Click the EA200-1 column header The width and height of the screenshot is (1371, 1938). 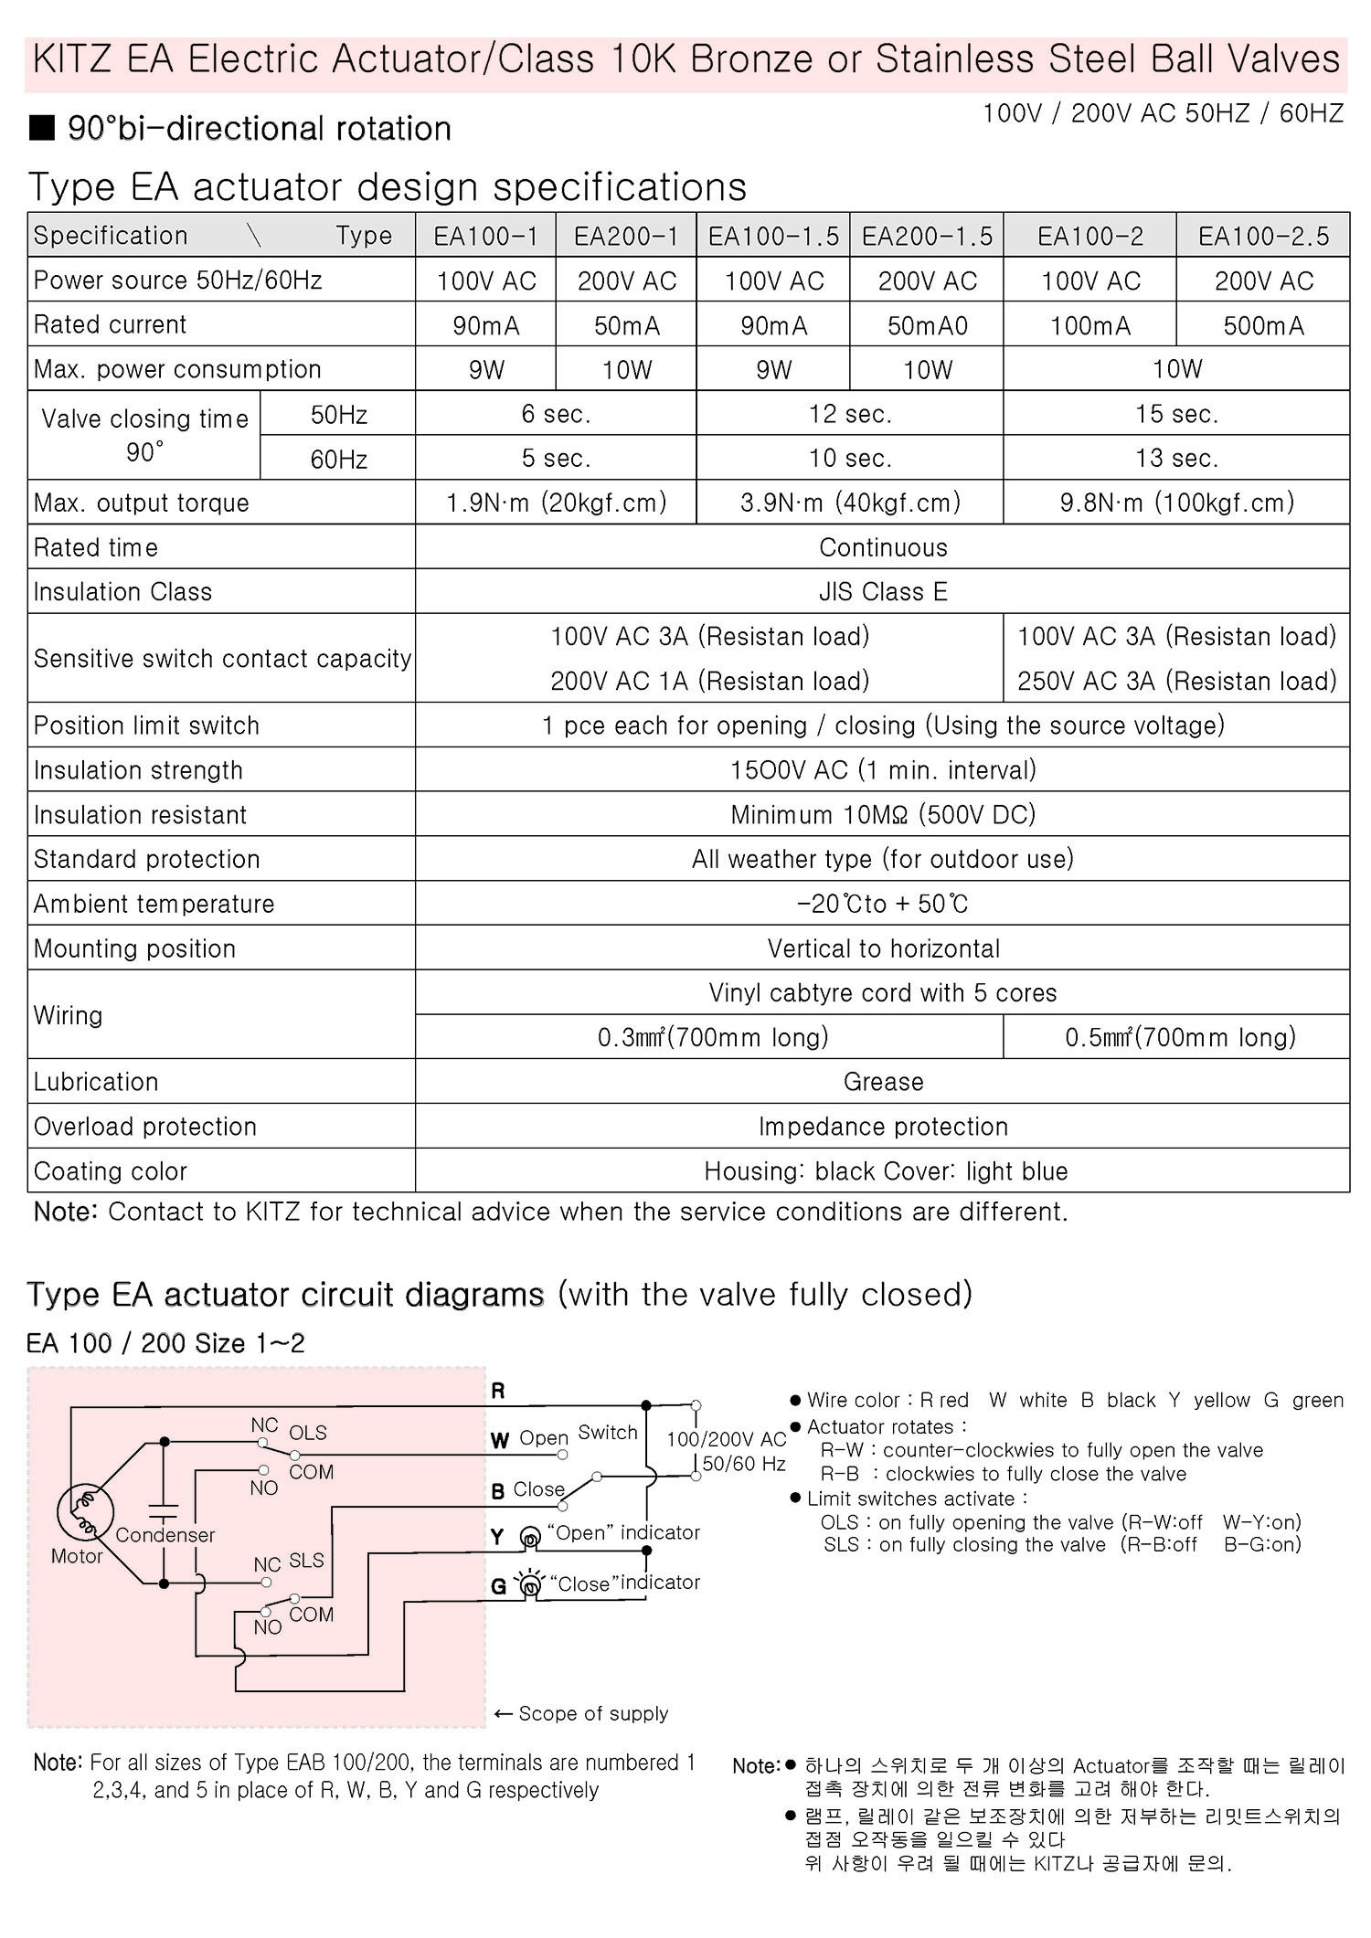pyautogui.click(x=626, y=237)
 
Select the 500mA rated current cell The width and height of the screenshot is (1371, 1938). pyautogui.click(x=1263, y=325)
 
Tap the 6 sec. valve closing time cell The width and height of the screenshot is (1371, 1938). pyautogui.click(x=556, y=414)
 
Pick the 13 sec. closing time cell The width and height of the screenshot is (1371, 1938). pyautogui.click(x=1176, y=458)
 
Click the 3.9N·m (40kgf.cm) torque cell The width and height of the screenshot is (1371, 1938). pyautogui.click(x=850, y=503)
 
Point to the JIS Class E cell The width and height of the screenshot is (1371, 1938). pyautogui.click(x=883, y=592)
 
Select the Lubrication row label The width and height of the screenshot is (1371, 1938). pyautogui.click(x=96, y=1082)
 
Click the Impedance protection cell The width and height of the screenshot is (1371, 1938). pyautogui.click(x=883, y=1127)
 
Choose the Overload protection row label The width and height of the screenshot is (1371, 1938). pyautogui.click(x=145, y=1127)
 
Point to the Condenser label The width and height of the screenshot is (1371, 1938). pyautogui.click(x=165, y=1535)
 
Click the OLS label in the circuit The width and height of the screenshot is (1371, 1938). pyautogui.click(x=308, y=1433)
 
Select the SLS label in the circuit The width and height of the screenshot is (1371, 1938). pyautogui.click(x=307, y=1560)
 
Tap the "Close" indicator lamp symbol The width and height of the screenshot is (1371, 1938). pyautogui.click(x=529, y=1585)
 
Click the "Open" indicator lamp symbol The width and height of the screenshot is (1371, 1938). pyautogui.click(x=529, y=1539)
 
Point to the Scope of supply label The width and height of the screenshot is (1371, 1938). pyautogui.click(x=592, y=1713)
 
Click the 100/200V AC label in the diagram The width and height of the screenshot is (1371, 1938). pyautogui.click(x=727, y=1439)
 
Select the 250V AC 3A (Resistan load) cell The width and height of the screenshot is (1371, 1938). pyautogui.click(x=1177, y=681)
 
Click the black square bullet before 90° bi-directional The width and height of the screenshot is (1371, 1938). pyautogui.click(x=42, y=128)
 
